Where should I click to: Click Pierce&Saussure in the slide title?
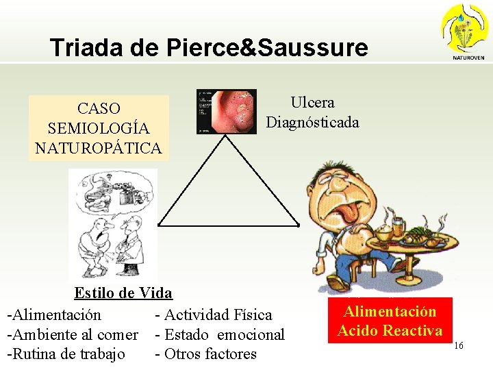268,47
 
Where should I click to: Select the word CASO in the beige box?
99,108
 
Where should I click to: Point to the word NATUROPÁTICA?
99,147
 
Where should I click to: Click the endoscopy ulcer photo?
227,112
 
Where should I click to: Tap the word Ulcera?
312,103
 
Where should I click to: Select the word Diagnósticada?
312,122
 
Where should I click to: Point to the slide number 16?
458,346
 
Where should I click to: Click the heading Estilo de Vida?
123,294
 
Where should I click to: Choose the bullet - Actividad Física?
214,314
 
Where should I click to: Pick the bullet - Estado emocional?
220,334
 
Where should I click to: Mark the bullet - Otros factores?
206,354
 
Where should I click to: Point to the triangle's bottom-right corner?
299,224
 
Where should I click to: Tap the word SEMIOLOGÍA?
99,128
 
